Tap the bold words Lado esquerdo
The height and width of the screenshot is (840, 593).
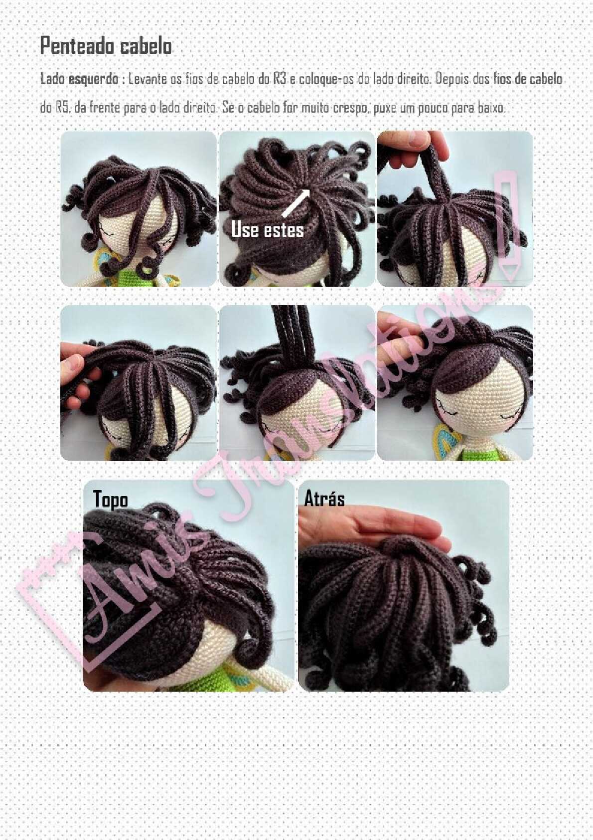[x=79, y=79]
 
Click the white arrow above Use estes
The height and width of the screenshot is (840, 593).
[x=296, y=202]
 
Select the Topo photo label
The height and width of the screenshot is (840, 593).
[x=110, y=499]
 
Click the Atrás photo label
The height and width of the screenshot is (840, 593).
[x=324, y=499]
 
